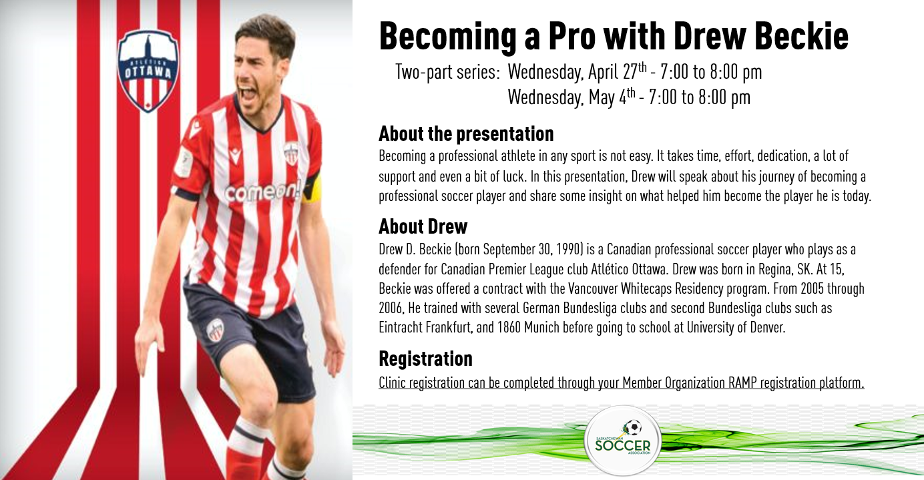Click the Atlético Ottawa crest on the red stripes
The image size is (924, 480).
[148, 70]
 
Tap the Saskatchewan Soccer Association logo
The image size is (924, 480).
[623, 441]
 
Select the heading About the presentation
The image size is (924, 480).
[466, 134]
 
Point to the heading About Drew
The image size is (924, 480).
[423, 226]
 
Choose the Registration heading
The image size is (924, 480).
[425, 358]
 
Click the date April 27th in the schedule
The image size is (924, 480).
[618, 71]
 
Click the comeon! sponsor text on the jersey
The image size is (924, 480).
[263, 192]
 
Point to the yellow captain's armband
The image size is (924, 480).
[312, 188]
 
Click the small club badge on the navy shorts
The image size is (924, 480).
[216, 330]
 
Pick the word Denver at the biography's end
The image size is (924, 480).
[767, 327]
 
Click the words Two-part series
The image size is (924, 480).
[447, 72]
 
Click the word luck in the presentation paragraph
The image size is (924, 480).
[513, 176]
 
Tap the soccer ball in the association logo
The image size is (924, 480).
[633, 428]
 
